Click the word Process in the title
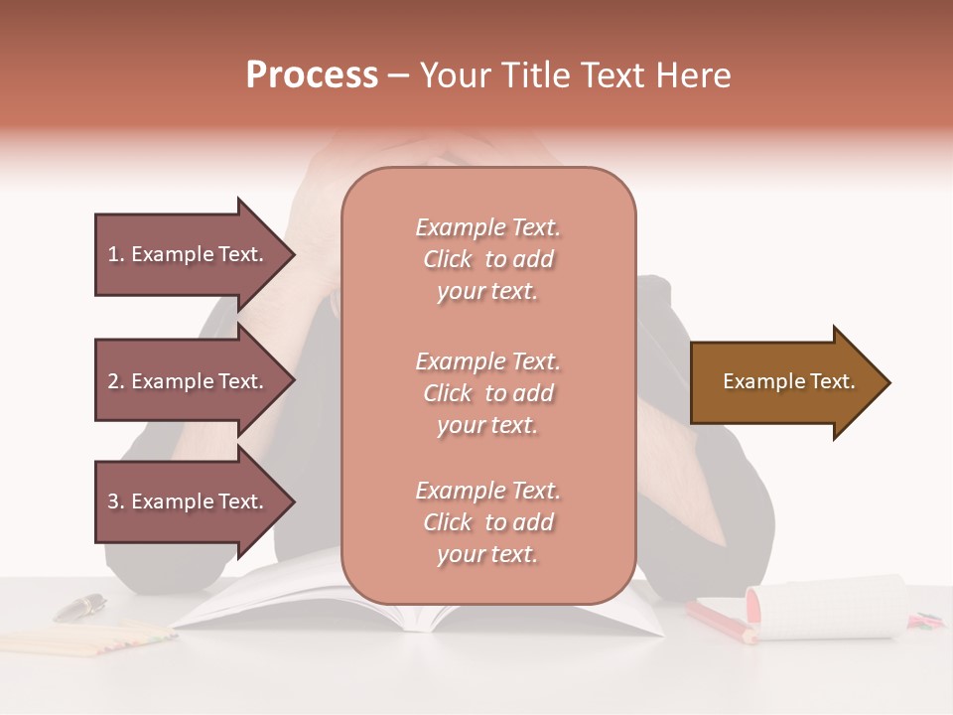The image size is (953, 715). (x=312, y=75)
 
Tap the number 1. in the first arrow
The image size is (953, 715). (x=116, y=254)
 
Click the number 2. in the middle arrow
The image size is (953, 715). (x=116, y=381)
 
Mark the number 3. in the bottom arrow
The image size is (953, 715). (x=116, y=501)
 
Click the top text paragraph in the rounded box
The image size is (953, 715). (x=487, y=259)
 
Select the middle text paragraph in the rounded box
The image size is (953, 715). (x=487, y=393)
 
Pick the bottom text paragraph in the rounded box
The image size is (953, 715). (x=487, y=522)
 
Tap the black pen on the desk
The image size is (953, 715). (x=79, y=606)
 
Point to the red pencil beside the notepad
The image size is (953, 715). (x=720, y=621)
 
